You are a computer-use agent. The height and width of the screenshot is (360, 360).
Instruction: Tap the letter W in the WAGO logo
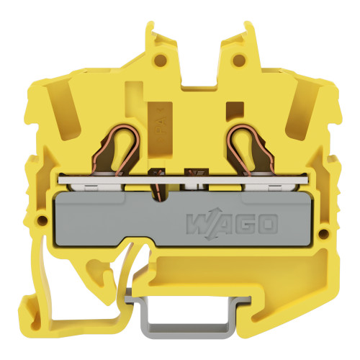click(x=197, y=225)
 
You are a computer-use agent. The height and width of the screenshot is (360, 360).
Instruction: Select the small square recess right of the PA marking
click(x=230, y=109)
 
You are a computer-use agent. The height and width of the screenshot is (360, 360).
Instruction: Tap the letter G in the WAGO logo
click(x=243, y=225)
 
